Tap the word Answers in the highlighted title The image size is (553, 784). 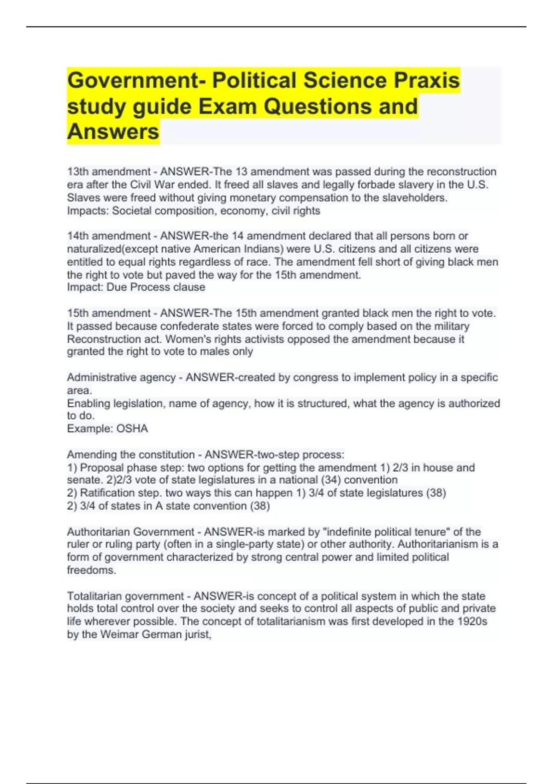113,132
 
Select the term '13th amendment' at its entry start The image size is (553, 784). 109,172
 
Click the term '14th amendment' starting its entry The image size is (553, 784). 109,236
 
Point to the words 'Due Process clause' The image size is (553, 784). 156,287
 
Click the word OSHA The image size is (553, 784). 132,429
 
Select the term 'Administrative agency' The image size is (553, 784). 121,378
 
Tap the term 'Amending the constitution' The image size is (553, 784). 131,455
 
